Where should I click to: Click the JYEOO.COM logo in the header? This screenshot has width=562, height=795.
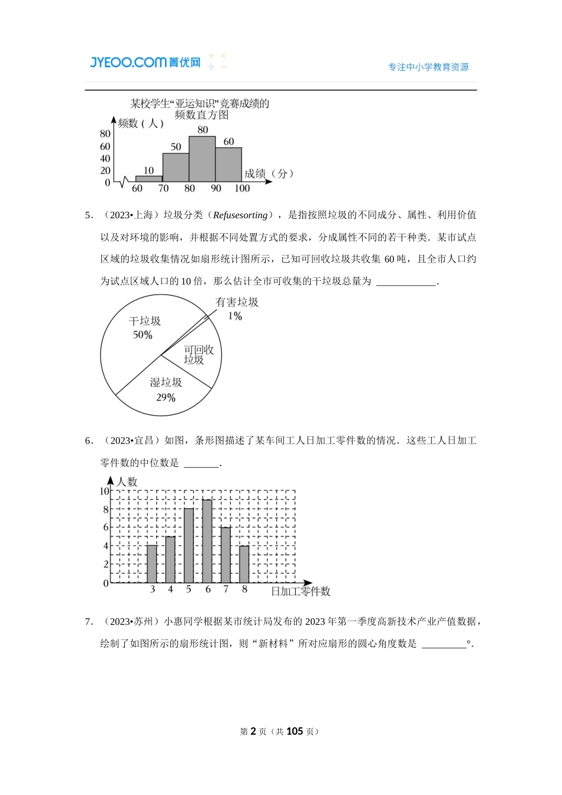pyautogui.click(x=145, y=62)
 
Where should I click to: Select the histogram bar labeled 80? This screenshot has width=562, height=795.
pyautogui.click(x=202, y=159)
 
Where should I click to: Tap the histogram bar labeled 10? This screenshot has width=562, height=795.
pyautogui.click(x=149, y=178)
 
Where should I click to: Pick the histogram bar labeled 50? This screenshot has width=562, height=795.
pyautogui.click(x=176, y=167)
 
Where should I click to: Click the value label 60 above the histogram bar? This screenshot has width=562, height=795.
pyautogui.click(x=229, y=141)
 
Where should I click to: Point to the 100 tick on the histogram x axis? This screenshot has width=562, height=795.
pyautogui.click(x=242, y=189)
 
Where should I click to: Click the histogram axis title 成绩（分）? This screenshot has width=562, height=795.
pyautogui.click(x=269, y=174)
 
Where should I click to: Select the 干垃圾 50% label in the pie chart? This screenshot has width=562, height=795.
pyautogui.click(x=144, y=328)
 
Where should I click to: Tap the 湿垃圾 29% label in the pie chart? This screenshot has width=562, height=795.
pyautogui.click(x=166, y=390)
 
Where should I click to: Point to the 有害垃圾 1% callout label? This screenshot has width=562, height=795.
pyautogui.click(x=237, y=309)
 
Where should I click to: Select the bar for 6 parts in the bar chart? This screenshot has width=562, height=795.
pyautogui.click(x=207, y=541)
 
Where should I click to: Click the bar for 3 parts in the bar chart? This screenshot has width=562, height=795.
pyautogui.click(x=152, y=564)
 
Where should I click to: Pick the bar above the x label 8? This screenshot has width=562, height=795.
pyautogui.click(x=244, y=564)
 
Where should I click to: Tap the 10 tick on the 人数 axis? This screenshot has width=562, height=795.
pyautogui.click(x=104, y=491)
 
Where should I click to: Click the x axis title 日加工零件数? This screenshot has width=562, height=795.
pyautogui.click(x=301, y=591)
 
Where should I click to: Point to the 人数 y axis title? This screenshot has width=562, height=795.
pyautogui.click(x=127, y=482)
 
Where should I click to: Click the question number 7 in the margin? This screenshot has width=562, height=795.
pyautogui.click(x=89, y=622)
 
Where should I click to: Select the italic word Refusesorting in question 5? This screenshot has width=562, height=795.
pyautogui.click(x=240, y=215)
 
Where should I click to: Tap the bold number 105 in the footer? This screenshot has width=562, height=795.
pyautogui.click(x=295, y=732)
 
